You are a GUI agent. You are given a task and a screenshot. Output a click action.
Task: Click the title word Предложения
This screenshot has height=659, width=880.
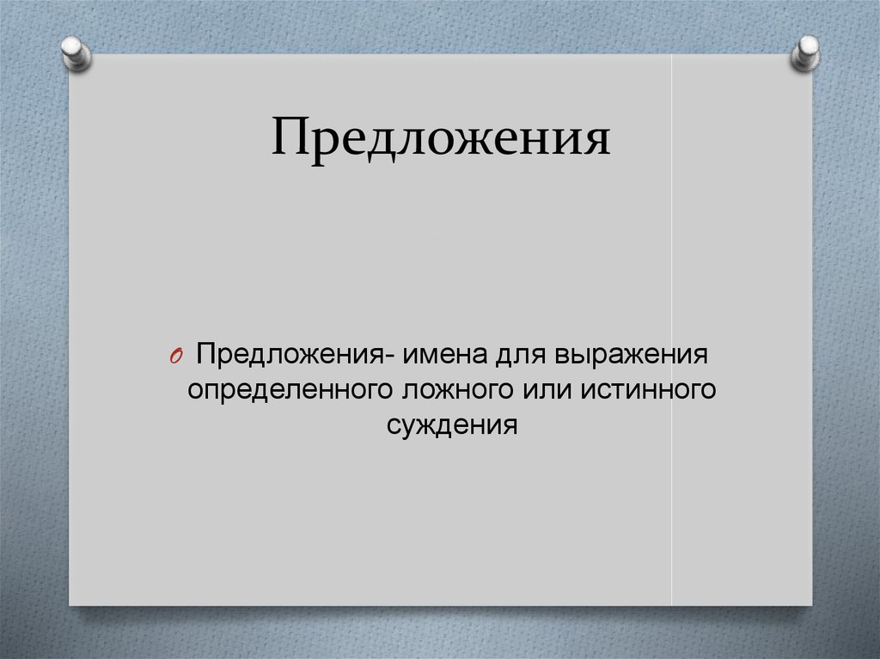point(441,138)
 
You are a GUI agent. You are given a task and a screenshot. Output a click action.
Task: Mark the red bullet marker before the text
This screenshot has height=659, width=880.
point(174,357)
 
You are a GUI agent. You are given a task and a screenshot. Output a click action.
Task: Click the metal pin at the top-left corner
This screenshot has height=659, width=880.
point(76,52)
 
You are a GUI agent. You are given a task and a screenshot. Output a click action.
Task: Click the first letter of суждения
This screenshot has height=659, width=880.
point(392,426)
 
